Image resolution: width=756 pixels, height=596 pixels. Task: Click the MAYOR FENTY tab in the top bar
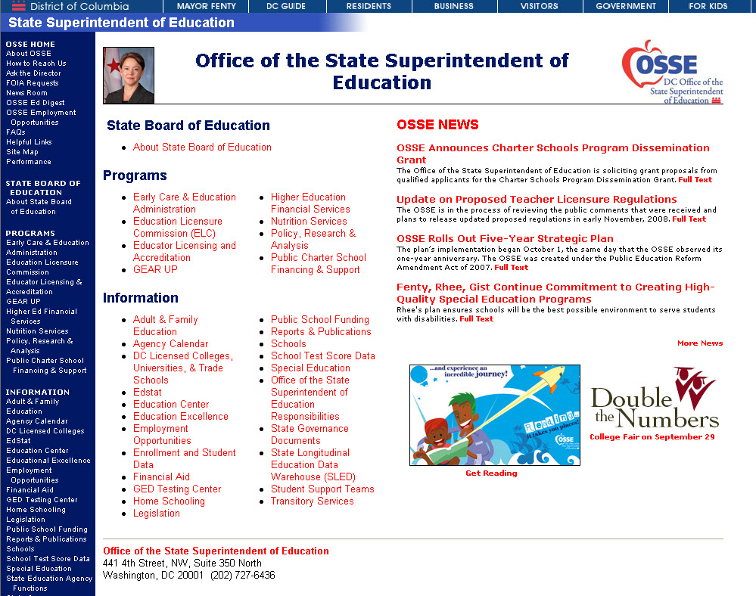click(x=206, y=6)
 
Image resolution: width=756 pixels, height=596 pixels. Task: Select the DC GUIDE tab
click(x=286, y=6)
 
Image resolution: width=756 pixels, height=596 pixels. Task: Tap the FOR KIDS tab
click(x=708, y=6)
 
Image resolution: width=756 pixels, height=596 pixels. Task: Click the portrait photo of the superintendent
click(x=129, y=76)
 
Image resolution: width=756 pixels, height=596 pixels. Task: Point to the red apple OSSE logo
click(x=671, y=72)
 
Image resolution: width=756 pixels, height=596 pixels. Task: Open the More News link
click(x=700, y=343)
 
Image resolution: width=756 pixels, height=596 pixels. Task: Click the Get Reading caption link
click(x=491, y=473)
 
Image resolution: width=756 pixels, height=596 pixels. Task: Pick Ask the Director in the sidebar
click(x=33, y=73)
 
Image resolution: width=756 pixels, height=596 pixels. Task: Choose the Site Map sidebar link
click(x=22, y=152)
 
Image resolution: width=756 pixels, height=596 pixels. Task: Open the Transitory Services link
click(x=312, y=501)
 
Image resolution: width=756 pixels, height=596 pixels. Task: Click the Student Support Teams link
click(x=322, y=489)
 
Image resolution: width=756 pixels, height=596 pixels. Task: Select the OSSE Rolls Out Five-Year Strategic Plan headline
click(x=505, y=239)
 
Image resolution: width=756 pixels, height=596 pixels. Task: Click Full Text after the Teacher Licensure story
click(x=689, y=219)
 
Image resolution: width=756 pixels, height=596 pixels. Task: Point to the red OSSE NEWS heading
click(x=437, y=125)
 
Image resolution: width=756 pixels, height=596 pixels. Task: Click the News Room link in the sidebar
click(x=26, y=93)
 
